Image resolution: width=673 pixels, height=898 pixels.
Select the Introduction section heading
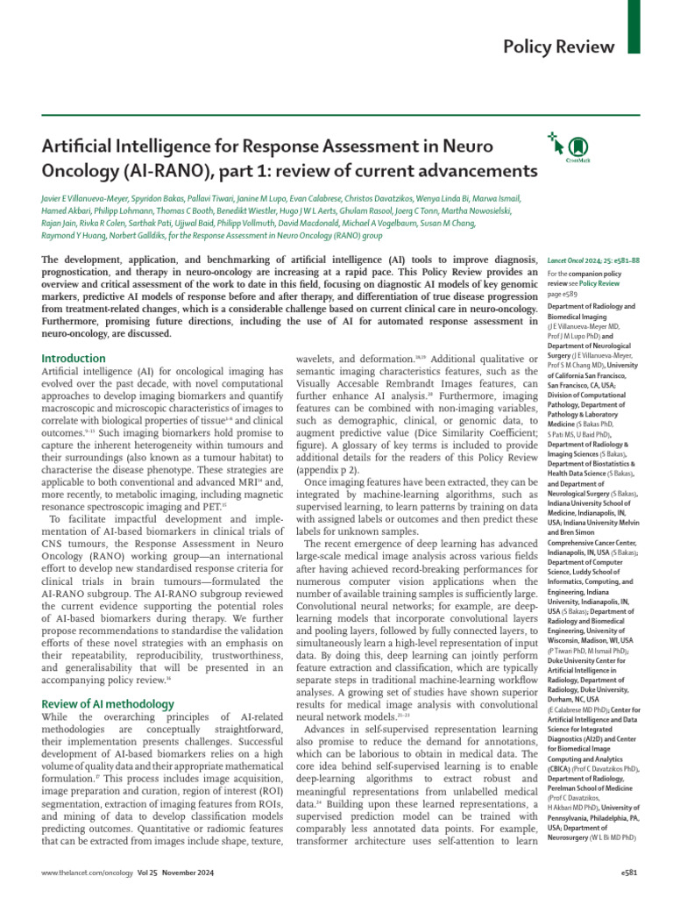click(x=74, y=359)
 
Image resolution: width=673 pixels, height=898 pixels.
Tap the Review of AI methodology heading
click(x=109, y=703)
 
